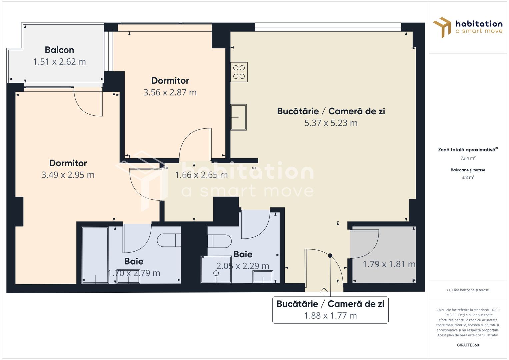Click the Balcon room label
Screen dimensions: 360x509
(59, 50)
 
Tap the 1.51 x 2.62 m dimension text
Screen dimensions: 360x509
(59, 62)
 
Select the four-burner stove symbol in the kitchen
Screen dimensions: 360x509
(239, 72)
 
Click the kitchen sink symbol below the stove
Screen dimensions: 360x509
(239, 117)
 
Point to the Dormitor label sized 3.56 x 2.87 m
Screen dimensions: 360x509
(170, 81)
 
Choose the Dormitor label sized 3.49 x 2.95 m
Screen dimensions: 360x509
(68, 163)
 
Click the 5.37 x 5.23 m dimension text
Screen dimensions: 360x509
(331, 123)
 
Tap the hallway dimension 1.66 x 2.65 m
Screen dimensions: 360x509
(201, 175)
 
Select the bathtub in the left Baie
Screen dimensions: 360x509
(95, 255)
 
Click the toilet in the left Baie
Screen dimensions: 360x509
(169, 240)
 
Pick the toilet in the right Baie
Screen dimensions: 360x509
(220, 241)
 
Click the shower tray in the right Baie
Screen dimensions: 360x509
(216, 269)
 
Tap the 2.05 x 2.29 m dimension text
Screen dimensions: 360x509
(243, 266)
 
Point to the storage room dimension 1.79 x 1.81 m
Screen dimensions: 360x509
(389, 264)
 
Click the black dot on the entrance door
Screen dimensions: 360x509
(330, 256)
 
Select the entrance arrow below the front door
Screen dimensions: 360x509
(324, 292)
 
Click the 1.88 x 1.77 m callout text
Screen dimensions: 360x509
(330, 316)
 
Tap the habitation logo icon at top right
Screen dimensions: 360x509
(442, 27)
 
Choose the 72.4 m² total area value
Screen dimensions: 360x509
(468, 158)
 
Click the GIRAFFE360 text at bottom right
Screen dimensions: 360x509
(468, 345)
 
